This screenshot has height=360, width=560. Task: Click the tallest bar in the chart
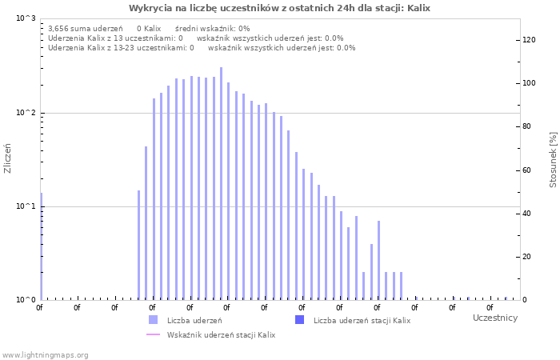point(222,184)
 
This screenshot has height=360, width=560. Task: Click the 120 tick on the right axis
point(528,40)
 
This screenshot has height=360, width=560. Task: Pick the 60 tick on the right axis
point(528,170)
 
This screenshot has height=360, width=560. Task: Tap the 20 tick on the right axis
point(528,257)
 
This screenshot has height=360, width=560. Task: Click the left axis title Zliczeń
point(8,158)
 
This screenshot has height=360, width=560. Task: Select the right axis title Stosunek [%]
point(553,160)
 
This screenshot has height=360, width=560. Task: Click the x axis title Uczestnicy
point(495,318)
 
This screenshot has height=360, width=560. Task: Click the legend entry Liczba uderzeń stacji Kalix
point(362,320)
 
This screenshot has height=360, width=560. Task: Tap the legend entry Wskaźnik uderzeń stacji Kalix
point(221,334)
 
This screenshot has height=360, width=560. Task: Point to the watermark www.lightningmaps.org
point(45,354)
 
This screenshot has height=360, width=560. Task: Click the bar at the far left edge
point(41,246)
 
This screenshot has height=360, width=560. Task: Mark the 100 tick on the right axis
point(528,83)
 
